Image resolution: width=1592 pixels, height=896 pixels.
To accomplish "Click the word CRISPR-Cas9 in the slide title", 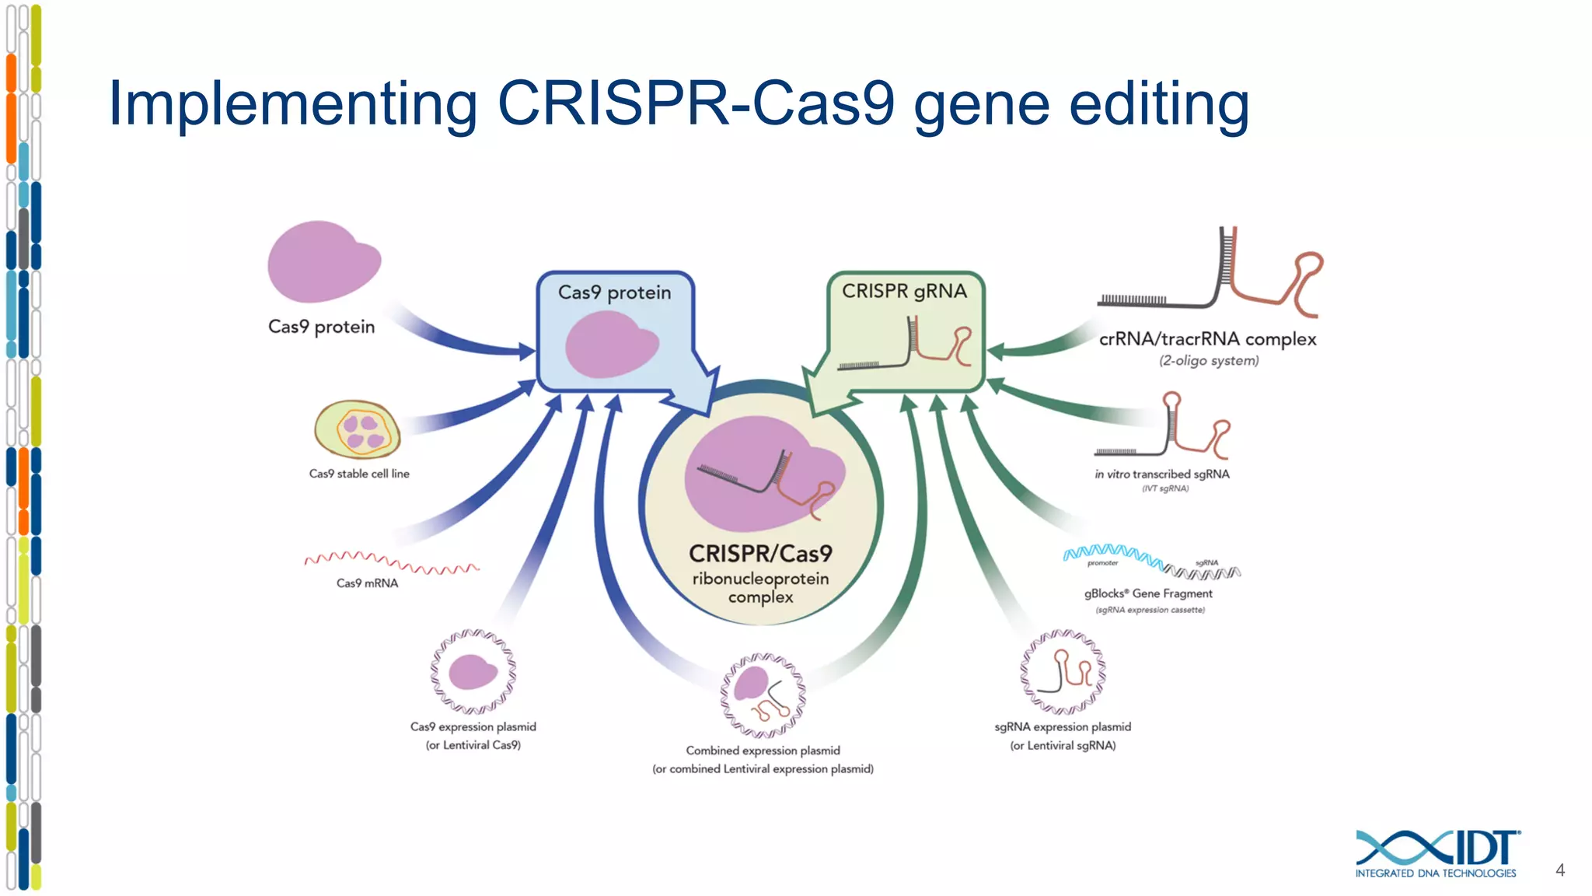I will coord(696,103).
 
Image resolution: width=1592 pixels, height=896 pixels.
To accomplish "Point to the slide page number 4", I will coord(1559,870).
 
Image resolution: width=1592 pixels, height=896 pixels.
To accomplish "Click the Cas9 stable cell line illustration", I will coord(358,429).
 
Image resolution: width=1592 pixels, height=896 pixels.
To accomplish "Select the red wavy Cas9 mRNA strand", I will coord(391,562).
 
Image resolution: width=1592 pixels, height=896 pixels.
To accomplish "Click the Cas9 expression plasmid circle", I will coord(473,672).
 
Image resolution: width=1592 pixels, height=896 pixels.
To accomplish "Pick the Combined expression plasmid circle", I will coord(763,695).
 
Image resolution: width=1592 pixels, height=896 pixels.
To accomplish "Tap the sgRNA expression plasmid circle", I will coord(1063,672).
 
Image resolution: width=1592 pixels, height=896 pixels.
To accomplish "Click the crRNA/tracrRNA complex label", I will coord(1207,339).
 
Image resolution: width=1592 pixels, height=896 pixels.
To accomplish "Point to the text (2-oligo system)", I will coord(1209,361).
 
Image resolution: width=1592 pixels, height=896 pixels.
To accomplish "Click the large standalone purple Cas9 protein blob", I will coord(323,262).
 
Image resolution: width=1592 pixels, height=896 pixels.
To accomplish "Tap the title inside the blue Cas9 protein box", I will coord(614,292).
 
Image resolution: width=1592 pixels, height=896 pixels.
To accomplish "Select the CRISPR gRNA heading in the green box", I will coord(904,291).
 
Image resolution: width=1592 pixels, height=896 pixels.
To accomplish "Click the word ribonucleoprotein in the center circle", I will coord(760,579).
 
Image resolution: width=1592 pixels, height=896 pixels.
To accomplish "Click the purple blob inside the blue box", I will coord(611,345).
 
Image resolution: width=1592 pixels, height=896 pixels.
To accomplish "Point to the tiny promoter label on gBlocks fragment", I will coord(1102,563).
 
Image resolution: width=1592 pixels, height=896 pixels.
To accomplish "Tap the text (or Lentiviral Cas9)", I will coord(473,745).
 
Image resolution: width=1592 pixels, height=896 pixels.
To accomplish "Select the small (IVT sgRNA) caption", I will coord(1164,488).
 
